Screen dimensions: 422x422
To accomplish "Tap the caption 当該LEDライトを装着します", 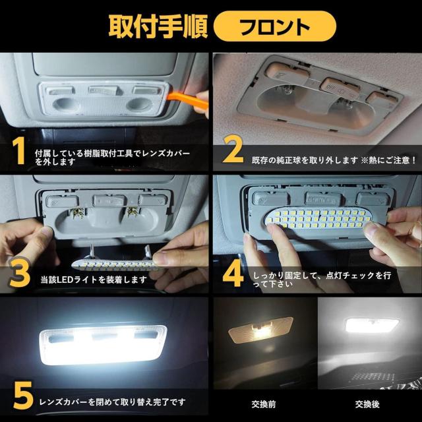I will [93, 279].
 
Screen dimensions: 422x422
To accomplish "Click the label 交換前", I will [259, 404].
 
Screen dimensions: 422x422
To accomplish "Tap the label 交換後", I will [367, 404].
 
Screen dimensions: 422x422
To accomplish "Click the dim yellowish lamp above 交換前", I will [260, 329].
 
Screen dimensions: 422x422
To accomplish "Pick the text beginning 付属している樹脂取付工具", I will [112, 156].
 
